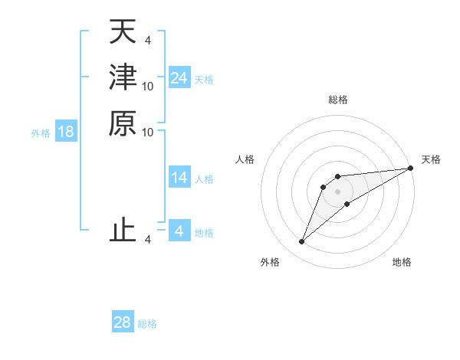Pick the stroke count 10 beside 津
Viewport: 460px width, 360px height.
pyautogui.click(x=148, y=87)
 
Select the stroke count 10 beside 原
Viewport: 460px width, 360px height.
pyautogui.click(x=148, y=132)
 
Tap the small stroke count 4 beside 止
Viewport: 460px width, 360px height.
pyautogui.click(x=148, y=241)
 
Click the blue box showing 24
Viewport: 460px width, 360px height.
pyautogui.click(x=179, y=78)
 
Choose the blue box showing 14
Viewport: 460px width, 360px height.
pyautogui.click(x=179, y=178)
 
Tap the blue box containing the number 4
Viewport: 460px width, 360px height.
pyautogui.click(x=179, y=231)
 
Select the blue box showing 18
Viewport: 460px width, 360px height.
pyautogui.click(x=66, y=132)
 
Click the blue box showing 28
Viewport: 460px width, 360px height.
pyautogui.click(x=123, y=322)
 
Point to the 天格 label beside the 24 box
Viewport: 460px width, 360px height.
pyautogui.click(x=204, y=80)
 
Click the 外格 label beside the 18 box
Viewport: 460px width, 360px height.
pyautogui.click(x=41, y=133)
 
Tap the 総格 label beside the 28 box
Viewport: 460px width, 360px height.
pyautogui.click(x=147, y=324)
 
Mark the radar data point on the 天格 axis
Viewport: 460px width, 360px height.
pyautogui.click(x=410, y=169)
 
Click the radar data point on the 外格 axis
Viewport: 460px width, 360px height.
pyautogui.click(x=302, y=242)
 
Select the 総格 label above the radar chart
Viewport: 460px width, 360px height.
pyautogui.click(x=337, y=100)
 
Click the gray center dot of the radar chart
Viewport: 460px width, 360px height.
pyautogui.click(x=337, y=191)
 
